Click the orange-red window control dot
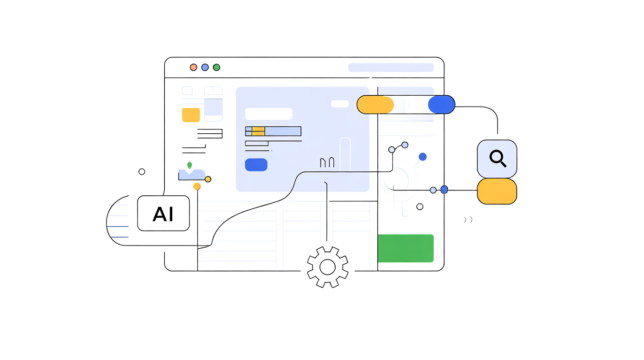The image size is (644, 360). [x=193, y=67]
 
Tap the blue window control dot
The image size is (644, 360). [x=205, y=67]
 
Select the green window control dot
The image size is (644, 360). [x=216, y=67]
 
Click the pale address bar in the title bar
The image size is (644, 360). [x=391, y=68]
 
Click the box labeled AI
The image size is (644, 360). [x=163, y=214]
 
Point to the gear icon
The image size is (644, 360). [x=328, y=267]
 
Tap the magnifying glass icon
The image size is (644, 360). [x=497, y=158]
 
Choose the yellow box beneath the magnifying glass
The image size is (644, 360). [x=497, y=191]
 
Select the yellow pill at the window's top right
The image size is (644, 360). [x=375, y=105]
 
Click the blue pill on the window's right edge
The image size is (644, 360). [x=441, y=105]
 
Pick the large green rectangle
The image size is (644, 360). [x=406, y=248]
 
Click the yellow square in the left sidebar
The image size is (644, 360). [x=191, y=115]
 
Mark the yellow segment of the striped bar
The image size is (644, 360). [x=259, y=131]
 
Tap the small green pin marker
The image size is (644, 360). [x=190, y=165]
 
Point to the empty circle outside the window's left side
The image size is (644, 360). [x=142, y=172]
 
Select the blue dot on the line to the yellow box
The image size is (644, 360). [x=444, y=190]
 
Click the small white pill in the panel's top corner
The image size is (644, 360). [x=340, y=104]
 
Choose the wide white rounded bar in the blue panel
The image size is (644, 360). [x=268, y=114]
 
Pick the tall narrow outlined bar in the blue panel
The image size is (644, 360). [x=345, y=154]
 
